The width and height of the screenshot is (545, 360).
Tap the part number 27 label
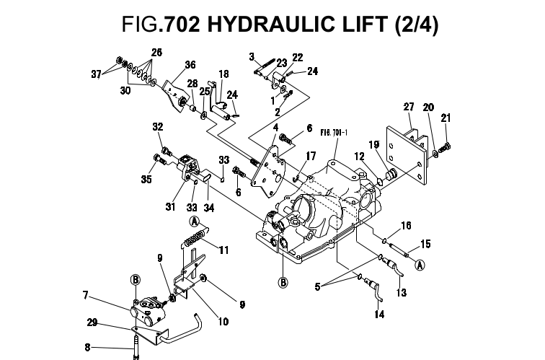click(409, 107)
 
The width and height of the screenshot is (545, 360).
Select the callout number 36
click(170, 65)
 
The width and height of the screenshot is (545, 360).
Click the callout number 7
click(85, 294)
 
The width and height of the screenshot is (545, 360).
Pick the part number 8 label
click(88, 347)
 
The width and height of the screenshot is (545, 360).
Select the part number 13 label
click(402, 293)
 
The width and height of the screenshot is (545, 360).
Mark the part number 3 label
click(252, 56)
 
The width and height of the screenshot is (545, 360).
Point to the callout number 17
click(311, 155)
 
